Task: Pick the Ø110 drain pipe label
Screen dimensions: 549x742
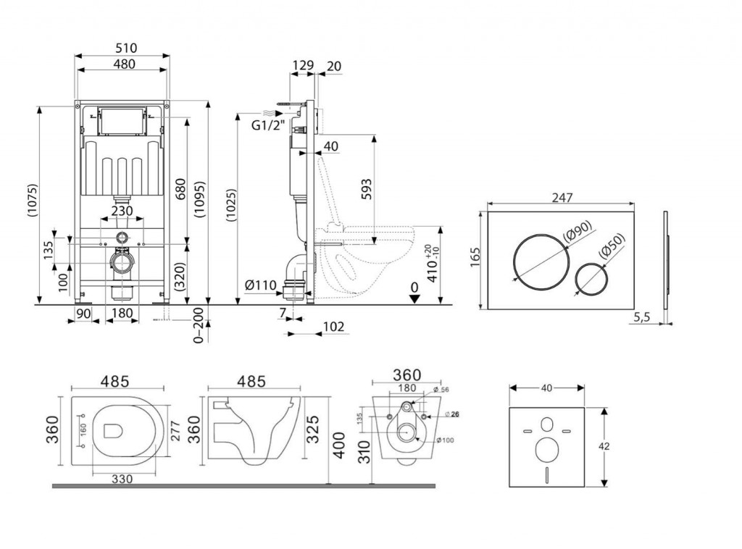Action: point(260,285)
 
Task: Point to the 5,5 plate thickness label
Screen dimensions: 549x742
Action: point(641,317)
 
